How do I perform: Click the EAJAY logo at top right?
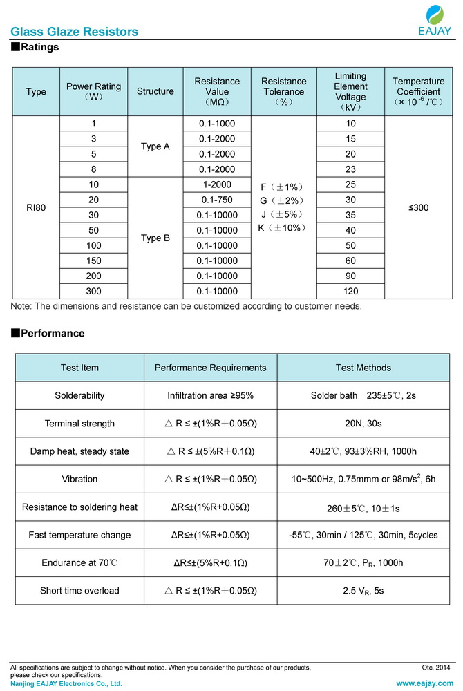[435, 20]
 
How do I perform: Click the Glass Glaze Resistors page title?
[74, 32]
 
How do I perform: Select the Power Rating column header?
[93, 91]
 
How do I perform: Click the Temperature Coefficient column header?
[417, 91]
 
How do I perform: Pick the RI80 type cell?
[36, 207]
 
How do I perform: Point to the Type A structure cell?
[155, 146]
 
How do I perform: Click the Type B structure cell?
[155, 238]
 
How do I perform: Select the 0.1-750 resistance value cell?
[216, 200]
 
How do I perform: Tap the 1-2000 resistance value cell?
[216, 184]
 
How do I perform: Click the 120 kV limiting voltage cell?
[350, 291]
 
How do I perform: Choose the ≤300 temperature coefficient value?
[417, 207]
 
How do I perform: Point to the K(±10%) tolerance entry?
[283, 227]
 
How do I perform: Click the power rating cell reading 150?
[93, 261]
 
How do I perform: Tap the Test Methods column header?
[363, 368]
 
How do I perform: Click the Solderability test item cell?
[79, 396]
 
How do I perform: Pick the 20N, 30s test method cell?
[363, 424]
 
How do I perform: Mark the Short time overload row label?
[79, 590]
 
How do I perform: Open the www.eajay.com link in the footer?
[425, 683]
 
